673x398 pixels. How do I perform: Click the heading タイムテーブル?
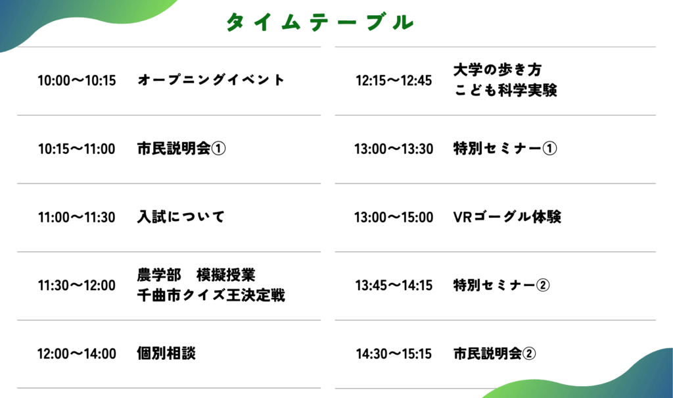(x=320, y=22)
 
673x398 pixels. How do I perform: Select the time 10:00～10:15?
(x=77, y=80)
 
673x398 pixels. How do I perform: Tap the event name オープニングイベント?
(x=211, y=80)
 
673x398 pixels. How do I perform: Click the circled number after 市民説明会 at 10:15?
(x=218, y=149)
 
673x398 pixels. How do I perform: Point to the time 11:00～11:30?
(x=77, y=218)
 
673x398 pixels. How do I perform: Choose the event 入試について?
(x=181, y=216)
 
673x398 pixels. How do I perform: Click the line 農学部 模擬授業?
(x=196, y=275)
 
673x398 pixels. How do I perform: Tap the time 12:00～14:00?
(x=77, y=354)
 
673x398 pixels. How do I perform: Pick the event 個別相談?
(x=166, y=353)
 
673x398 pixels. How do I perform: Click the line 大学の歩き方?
(x=498, y=70)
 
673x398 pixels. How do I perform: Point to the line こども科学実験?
(x=505, y=90)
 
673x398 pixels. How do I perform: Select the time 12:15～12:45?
(x=394, y=80)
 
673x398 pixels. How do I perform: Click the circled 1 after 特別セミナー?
(x=550, y=149)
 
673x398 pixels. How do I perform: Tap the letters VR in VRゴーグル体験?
(x=463, y=218)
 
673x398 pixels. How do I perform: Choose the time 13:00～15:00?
(x=394, y=218)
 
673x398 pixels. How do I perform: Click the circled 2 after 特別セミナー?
(x=543, y=286)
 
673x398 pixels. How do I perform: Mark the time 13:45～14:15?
(x=394, y=286)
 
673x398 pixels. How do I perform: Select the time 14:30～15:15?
(x=394, y=354)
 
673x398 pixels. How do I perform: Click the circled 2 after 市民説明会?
(x=529, y=354)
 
